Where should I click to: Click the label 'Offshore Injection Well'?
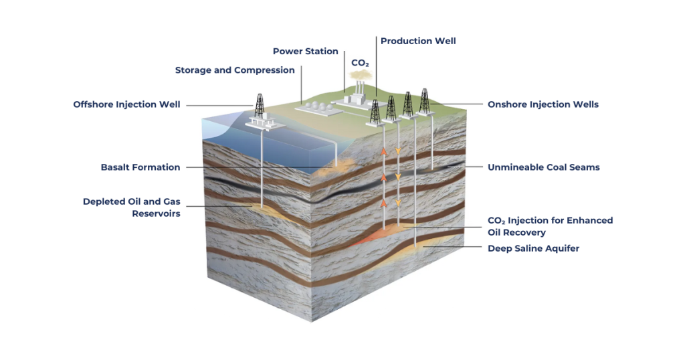tap(126, 104)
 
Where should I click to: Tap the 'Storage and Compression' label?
tap(235, 70)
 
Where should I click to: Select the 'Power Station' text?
tap(305, 52)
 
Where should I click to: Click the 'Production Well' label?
tap(418, 41)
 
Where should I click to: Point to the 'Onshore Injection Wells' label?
tap(543, 104)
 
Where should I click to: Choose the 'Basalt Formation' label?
tap(140, 167)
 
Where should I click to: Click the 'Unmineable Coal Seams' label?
tap(543, 167)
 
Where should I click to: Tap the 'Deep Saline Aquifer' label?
tap(533, 248)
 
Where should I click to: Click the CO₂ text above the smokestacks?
tap(360, 63)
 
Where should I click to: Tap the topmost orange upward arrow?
tap(385, 152)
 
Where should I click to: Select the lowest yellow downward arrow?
tap(399, 201)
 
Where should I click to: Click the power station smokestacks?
tap(360, 90)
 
